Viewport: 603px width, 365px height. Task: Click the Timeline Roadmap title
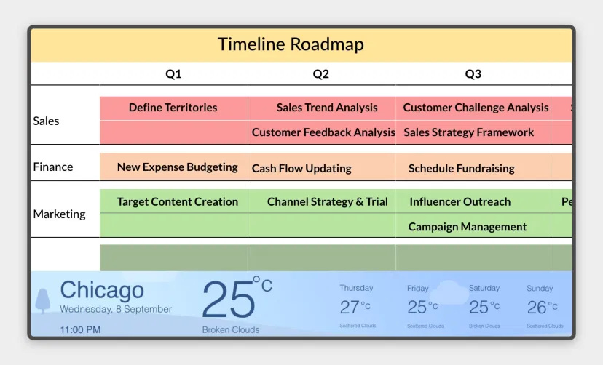pos(291,44)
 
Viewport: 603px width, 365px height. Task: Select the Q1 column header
pos(173,73)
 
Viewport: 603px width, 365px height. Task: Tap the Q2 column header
pos(321,73)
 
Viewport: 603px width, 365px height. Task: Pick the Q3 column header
pos(473,73)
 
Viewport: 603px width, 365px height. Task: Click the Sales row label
pos(46,121)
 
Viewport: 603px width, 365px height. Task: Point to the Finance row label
pos(53,167)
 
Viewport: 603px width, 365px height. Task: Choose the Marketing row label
pos(59,214)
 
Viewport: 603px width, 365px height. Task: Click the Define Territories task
pos(173,108)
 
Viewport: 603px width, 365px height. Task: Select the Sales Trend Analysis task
pos(327,108)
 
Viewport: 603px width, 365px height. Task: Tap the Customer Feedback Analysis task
pos(323,132)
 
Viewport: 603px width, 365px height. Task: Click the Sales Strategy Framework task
pos(468,132)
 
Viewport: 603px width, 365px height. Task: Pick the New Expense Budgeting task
pos(177,167)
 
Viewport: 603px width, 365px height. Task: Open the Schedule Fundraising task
pos(461,168)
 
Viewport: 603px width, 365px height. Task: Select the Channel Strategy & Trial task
pos(327,202)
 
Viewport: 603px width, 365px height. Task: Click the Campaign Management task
pos(467,227)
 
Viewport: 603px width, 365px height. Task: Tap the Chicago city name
pos(101,291)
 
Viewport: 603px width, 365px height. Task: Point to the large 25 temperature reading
pos(229,300)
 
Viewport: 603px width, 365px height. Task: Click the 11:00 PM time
pos(80,329)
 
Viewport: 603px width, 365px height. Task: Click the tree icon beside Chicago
pos(43,300)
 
